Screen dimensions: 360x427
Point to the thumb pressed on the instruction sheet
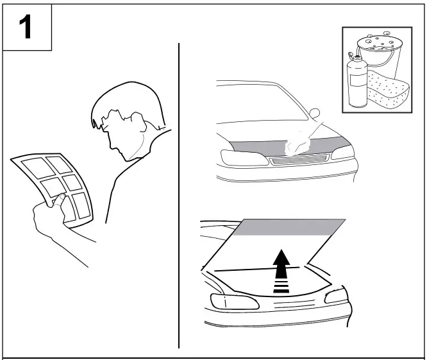[57, 204]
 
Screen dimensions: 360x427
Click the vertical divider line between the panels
[178, 193]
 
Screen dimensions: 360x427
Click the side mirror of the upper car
[314, 114]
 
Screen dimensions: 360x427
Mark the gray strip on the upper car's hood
[256, 145]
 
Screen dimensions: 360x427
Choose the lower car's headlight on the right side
[335, 296]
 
